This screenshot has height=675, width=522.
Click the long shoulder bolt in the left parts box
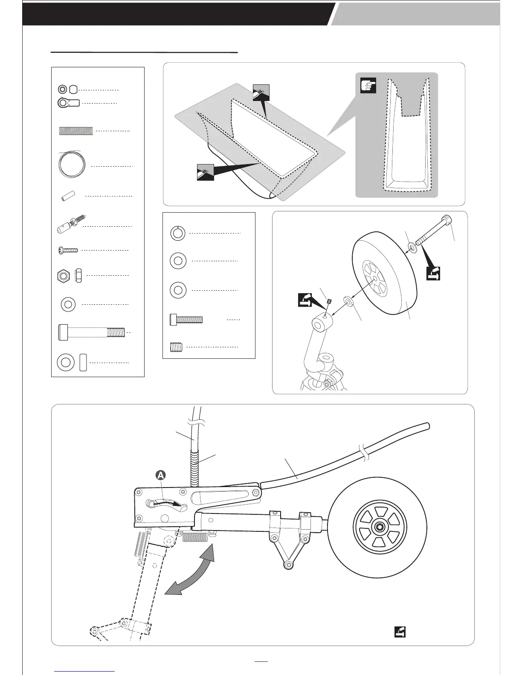[x=91, y=332]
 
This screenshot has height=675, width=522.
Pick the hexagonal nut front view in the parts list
[x=63, y=276]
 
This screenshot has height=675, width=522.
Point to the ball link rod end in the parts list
[x=68, y=103]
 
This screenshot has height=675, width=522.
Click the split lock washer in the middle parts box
[x=178, y=234]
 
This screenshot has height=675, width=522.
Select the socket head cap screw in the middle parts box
[x=186, y=319]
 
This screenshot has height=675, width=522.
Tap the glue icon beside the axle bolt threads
[x=433, y=272]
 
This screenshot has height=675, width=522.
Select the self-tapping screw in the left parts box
[x=68, y=251]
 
